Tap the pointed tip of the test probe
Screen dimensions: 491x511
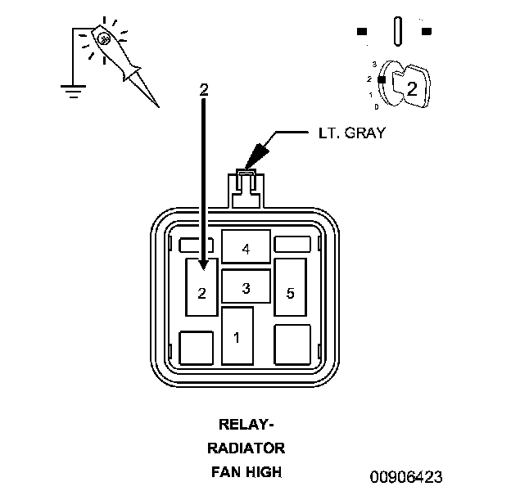click(x=157, y=106)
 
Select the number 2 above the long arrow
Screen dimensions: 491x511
click(x=204, y=89)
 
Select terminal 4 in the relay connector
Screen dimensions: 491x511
click(x=246, y=246)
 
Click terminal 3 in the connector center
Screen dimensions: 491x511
click(x=246, y=287)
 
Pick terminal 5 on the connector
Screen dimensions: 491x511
click(x=290, y=292)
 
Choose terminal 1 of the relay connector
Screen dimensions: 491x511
click(x=237, y=336)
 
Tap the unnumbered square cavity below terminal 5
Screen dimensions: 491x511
click(x=292, y=345)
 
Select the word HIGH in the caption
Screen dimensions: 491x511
click(x=268, y=471)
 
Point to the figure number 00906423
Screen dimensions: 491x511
click(x=407, y=476)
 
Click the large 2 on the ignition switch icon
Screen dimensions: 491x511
click(x=412, y=88)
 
